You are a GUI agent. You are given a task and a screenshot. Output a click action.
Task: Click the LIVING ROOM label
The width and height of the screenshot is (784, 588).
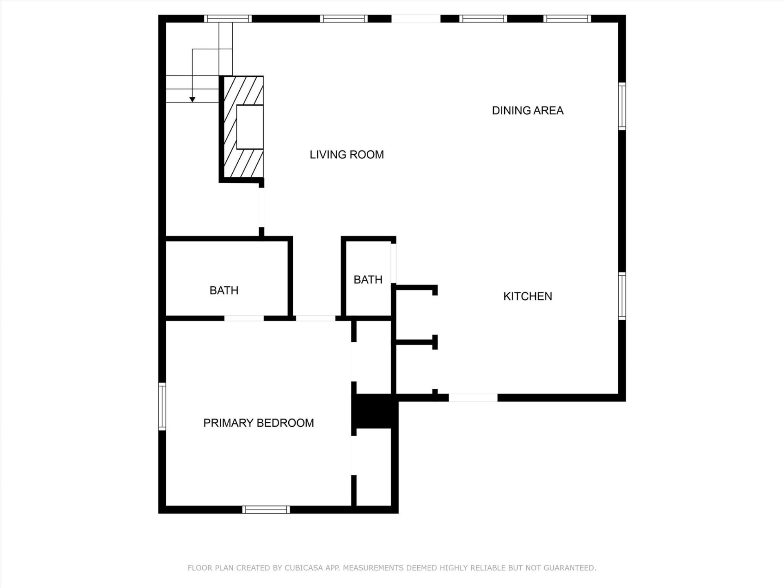(347, 155)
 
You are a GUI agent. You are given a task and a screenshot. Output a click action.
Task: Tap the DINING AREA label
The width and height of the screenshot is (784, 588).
(528, 111)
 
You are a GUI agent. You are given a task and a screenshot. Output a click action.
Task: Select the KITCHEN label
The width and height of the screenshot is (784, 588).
(528, 296)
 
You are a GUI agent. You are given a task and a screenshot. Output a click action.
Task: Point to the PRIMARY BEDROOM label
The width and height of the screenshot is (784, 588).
(258, 423)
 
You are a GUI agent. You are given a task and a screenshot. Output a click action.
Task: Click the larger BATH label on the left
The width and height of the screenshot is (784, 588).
(224, 290)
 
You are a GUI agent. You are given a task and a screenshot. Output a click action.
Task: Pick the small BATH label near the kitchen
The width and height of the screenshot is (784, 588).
(368, 280)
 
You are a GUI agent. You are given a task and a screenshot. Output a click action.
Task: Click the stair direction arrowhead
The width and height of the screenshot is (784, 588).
(192, 100)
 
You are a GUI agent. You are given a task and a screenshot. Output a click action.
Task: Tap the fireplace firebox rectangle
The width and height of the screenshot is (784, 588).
(250, 127)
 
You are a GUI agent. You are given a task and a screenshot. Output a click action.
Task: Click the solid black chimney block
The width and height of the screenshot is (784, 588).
(374, 411)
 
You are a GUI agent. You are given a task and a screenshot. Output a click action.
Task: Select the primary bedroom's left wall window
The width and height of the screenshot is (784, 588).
(162, 406)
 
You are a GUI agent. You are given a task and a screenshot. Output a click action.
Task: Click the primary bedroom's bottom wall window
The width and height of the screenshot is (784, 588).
(266, 510)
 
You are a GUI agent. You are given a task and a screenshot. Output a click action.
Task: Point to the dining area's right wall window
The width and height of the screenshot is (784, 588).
(622, 106)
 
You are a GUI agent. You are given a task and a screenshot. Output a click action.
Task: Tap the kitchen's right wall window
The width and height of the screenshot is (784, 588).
(622, 296)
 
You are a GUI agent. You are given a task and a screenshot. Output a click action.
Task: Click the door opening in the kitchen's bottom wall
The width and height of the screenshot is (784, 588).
(473, 398)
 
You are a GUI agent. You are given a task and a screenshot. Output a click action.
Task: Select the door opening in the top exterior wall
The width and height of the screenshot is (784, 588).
(416, 19)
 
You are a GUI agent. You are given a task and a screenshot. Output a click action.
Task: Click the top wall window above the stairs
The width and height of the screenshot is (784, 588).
(228, 19)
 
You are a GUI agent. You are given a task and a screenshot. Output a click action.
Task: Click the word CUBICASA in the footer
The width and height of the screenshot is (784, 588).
(304, 568)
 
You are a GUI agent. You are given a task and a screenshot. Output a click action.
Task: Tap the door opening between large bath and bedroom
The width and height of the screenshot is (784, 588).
(244, 318)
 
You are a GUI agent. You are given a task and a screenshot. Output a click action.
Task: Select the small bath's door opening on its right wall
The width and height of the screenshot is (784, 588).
(394, 263)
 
